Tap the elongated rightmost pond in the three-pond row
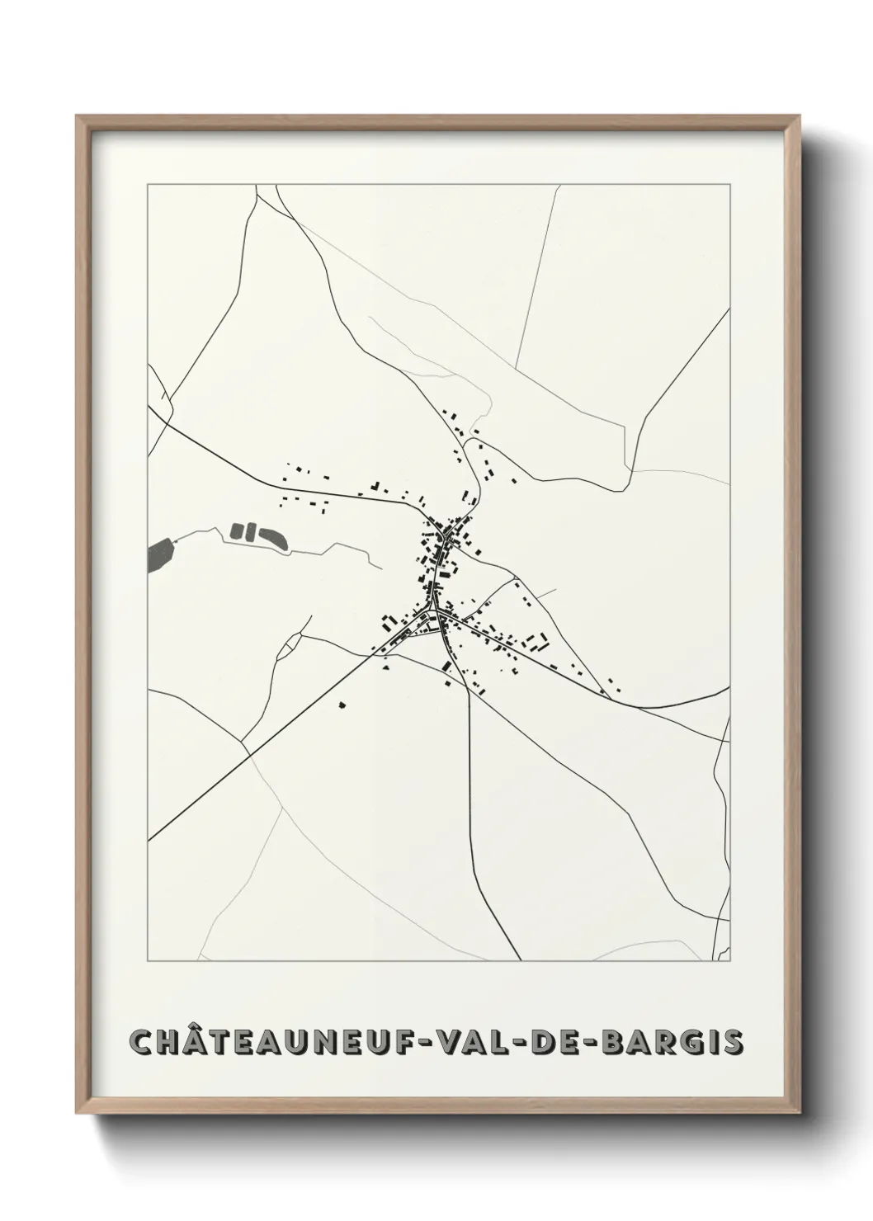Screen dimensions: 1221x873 click(x=271, y=537)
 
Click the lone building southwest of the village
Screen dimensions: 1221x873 click(x=342, y=705)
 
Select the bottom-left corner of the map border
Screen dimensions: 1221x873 click(x=148, y=961)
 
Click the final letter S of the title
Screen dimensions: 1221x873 click(x=734, y=1042)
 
